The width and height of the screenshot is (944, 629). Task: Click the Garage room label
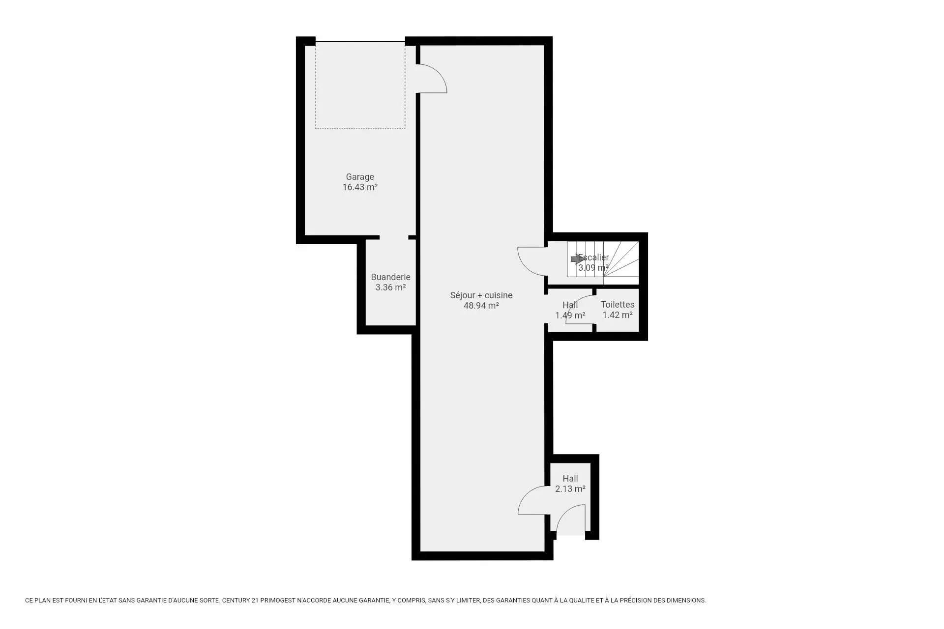(x=360, y=177)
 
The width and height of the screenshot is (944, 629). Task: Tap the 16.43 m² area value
(x=360, y=187)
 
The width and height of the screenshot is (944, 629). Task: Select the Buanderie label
(x=390, y=277)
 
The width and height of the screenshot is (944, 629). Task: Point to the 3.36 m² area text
(x=390, y=287)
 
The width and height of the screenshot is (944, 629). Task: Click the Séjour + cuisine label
(x=481, y=295)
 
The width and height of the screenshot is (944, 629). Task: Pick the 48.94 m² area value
(x=481, y=306)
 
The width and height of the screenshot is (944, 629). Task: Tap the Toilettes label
(x=618, y=305)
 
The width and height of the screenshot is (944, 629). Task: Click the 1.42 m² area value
(x=618, y=315)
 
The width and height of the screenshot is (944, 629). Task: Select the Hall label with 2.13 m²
(x=570, y=479)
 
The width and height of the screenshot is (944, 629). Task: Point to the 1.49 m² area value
(x=570, y=315)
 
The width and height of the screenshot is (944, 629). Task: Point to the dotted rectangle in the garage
(x=360, y=129)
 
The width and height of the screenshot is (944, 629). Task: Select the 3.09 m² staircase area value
(x=593, y=268)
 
